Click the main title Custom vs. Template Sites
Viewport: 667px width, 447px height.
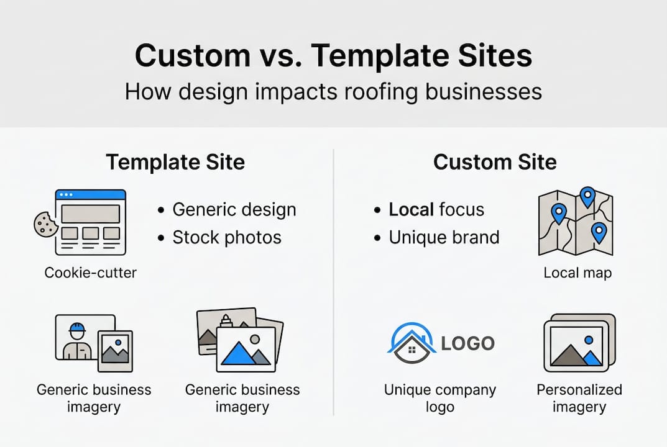(333, 56)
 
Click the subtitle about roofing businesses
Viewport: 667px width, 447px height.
(333, 92)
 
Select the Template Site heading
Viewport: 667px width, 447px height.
(175, 162)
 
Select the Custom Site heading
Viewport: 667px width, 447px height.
(495, 162)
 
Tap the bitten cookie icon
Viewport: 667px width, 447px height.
(45, 224)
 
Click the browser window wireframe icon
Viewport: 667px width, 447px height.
(91, 222)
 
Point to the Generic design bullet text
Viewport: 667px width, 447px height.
(234, 210)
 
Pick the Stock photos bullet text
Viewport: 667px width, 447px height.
(226, 237)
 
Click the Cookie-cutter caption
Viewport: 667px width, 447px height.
(91, 272)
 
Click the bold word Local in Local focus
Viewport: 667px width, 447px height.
(411, 210)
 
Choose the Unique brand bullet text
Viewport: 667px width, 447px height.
(444, 237)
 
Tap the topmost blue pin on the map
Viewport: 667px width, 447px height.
(587, 196)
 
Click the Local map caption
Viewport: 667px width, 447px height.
(577, 273)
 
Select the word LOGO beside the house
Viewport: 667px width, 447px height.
(467, 343)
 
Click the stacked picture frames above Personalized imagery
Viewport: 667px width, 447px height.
(579, 343)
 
